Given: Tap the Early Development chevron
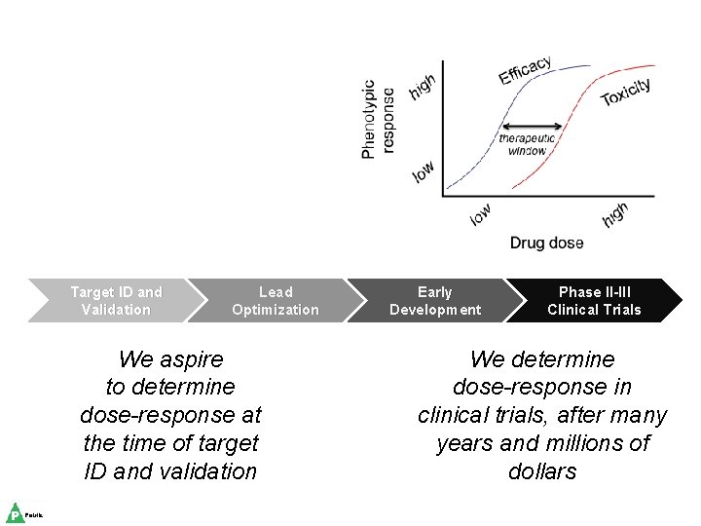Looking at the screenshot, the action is click(434, 301).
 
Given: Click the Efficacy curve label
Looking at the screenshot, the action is click(526, 70).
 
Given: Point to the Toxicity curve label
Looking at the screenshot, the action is click(626, 92).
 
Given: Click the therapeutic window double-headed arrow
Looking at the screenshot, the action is click(532, 126).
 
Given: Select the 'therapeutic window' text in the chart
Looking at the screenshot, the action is click(528, 144).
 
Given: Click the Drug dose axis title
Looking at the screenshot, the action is click(547, 243).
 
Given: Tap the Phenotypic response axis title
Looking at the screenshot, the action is click(378, 119).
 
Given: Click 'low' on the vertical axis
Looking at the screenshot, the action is click(424, 171).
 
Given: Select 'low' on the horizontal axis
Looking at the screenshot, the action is click(481, 214).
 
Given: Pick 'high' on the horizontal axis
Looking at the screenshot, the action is click(614, 214).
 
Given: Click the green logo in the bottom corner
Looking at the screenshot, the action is click(16, 513).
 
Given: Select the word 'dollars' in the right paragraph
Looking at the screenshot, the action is click(542, 471).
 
